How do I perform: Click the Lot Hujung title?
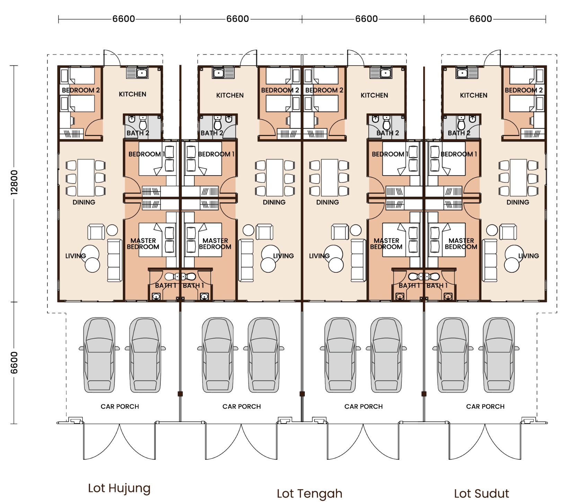pyautogui.click(x=119, y=488)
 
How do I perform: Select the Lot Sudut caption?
pyautogui.click(x=481, y=493)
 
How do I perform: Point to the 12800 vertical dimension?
pyautogui.click(x=14, y=182)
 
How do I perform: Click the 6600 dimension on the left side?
pyautogui.click(x=14, y=363)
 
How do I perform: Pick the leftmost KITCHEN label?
pyautogui.click(x=132, y=94)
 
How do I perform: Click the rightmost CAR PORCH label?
pyautogui.click(x=485, y=406)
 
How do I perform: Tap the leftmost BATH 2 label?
pyautogui.click(x=138, y=133)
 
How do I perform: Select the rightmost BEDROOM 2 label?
pyautogui.click(x=524, y=90)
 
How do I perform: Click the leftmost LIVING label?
pyautogui.click(x=76, y=256)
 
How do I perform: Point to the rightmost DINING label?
pyautogui.click(x=518, y=202)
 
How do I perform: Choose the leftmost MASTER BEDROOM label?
pyautogui.click(x=143, y=244)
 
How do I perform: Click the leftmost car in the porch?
pyautogui.click(x=99, y=355)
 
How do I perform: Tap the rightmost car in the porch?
pyautogui.click(x=499, y=355)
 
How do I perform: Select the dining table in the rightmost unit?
pyautogui.click(x=518, y=178)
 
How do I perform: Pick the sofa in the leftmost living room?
pyautogui.click(x=115, y=260)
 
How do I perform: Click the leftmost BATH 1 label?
pyautogui.click(x=166, y=286)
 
